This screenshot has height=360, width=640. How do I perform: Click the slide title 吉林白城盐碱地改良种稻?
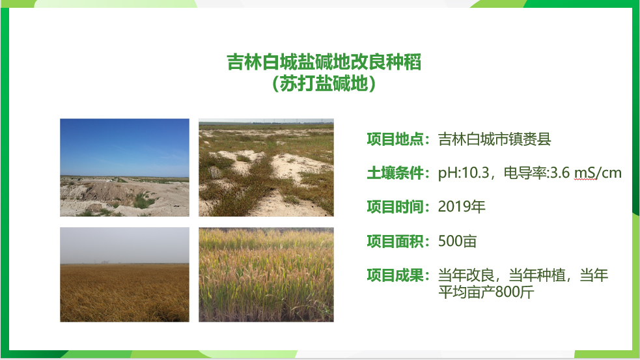pos(324,62)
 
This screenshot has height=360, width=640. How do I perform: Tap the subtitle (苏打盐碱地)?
pos(324,84)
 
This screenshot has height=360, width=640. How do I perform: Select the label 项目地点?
pos(395,139)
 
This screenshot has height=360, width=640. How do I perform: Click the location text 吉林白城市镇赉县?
pos(495,139)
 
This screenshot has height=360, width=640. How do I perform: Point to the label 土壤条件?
pos(395,173)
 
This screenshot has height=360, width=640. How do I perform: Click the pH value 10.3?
pos(475,173)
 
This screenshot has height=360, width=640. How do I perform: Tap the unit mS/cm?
pos(598,173)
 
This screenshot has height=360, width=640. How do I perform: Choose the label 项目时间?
pos(395,207)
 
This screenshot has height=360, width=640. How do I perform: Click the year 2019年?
pos(462,207)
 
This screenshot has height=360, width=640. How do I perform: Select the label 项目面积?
pos(395,242)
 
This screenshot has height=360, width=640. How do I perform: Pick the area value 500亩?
pos(458,242)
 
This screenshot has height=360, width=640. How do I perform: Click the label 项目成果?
pos(395,275)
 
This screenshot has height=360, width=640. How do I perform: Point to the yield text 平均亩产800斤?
pos(486,292)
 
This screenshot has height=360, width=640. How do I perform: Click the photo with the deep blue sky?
pos(124,167)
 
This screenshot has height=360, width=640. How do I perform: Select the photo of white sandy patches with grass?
pos(266,167)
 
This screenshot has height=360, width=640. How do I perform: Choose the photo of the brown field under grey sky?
pos(124,275)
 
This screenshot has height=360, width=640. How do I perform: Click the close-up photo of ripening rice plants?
pos(266,275)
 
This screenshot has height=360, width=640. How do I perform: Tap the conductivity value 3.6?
pos(560,173)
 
